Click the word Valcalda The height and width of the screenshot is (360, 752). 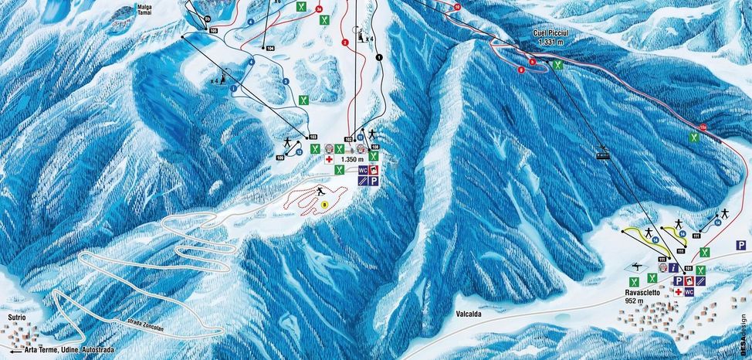pyautogui.click(x=462, y=315)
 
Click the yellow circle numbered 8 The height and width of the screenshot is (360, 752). pyautogui.click(x=326, y=204)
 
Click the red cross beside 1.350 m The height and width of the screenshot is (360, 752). pyautogui.click(x=329, y=159)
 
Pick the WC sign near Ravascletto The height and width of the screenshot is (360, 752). pyautogui.click(x=689, y=292)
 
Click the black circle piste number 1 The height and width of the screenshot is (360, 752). pyautogui.click(x=379, y=57)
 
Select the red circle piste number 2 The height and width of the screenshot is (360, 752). pyautogui.click(x=345, y=42)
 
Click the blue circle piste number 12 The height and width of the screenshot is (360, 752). pyautogui.click(x=298, y=153)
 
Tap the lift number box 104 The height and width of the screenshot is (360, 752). pyautogui.click(x=270, y=48)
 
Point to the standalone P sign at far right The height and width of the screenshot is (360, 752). pyautogui.click(x=740, y=244)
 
